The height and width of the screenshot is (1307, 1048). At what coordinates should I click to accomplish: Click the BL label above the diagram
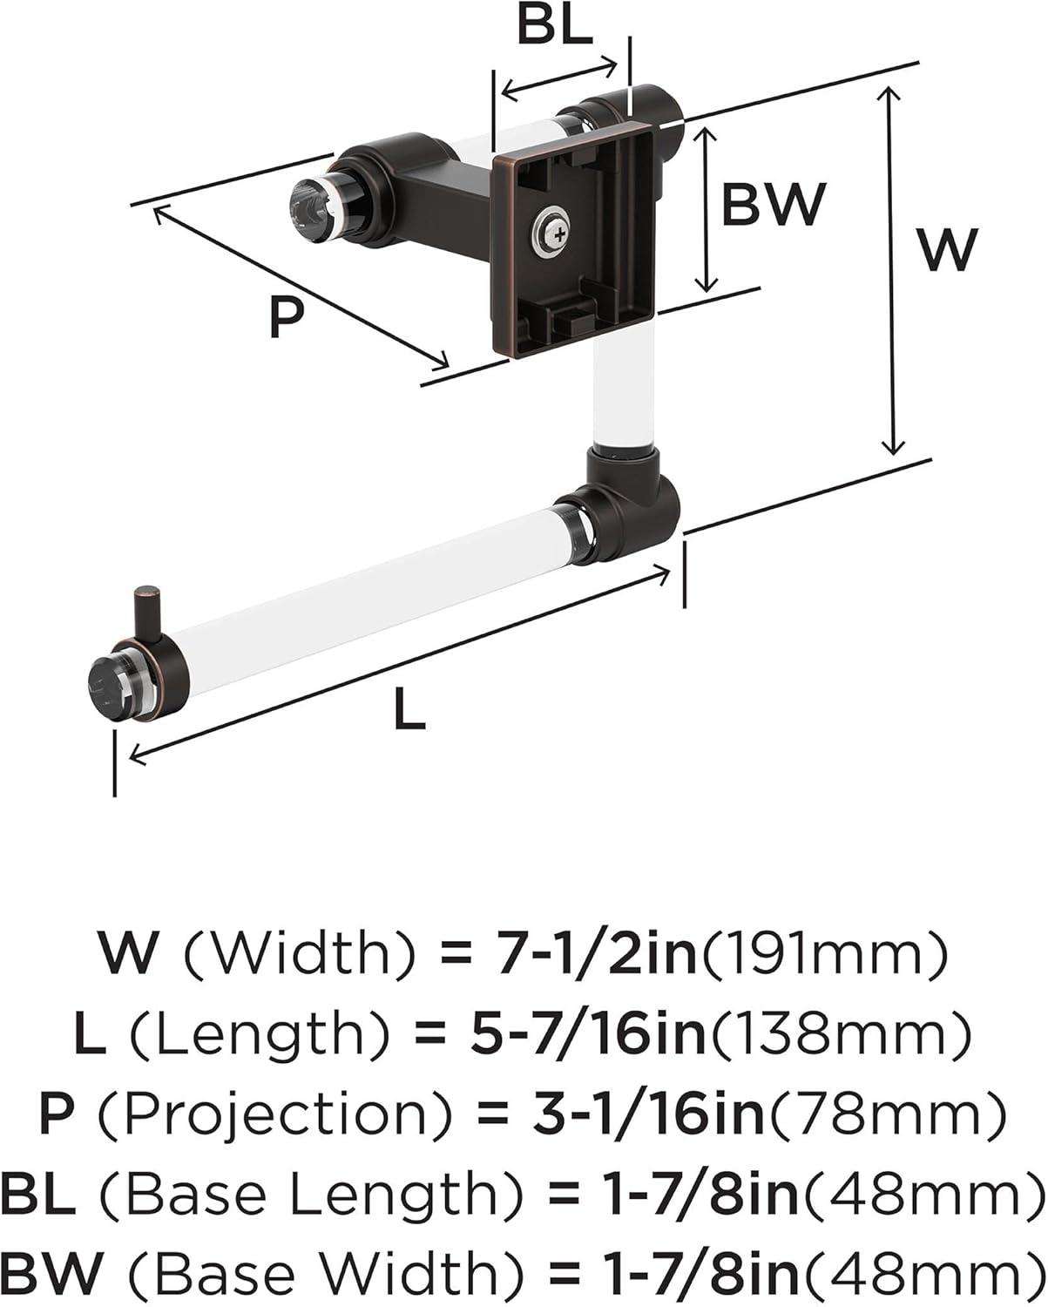click(x=554, y=27)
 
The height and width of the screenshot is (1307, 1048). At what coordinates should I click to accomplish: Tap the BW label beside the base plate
click(x=773, y=204)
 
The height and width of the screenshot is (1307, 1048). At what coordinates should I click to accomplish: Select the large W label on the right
click(x=948, y=249)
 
